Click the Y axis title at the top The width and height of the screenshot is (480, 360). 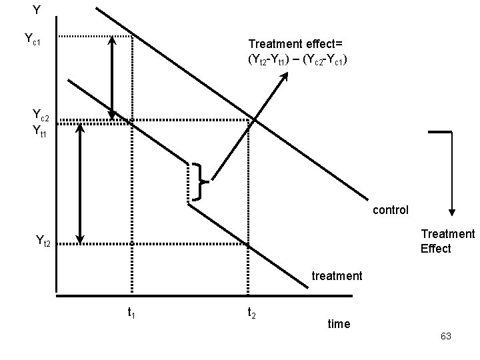pyautogui.click(x=37, y=10)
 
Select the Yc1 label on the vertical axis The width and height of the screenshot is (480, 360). pyautogui.click(x=33, y=39)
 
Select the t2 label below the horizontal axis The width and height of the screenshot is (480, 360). pyautogui.click(x=253, y=312)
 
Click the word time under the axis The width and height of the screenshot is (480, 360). pyautogui.click(x=339, y=323)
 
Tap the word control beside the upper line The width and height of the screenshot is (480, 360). pyautogui.click(x=391, y=210)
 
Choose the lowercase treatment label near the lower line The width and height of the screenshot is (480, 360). pyautogui.click(x=337, y=275)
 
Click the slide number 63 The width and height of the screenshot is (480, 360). pyautogui.click(x=445, y=337)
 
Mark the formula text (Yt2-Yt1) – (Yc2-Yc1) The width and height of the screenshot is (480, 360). pyautogui.click(x=297, y=60)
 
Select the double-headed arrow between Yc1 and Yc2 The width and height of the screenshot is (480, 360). pyautogui.click(x=113, y=77)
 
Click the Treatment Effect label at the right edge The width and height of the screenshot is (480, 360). pyautogui.click(x=447, y=241)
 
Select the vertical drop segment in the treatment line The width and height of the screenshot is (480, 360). pyautogui.click(x=189, y=183)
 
